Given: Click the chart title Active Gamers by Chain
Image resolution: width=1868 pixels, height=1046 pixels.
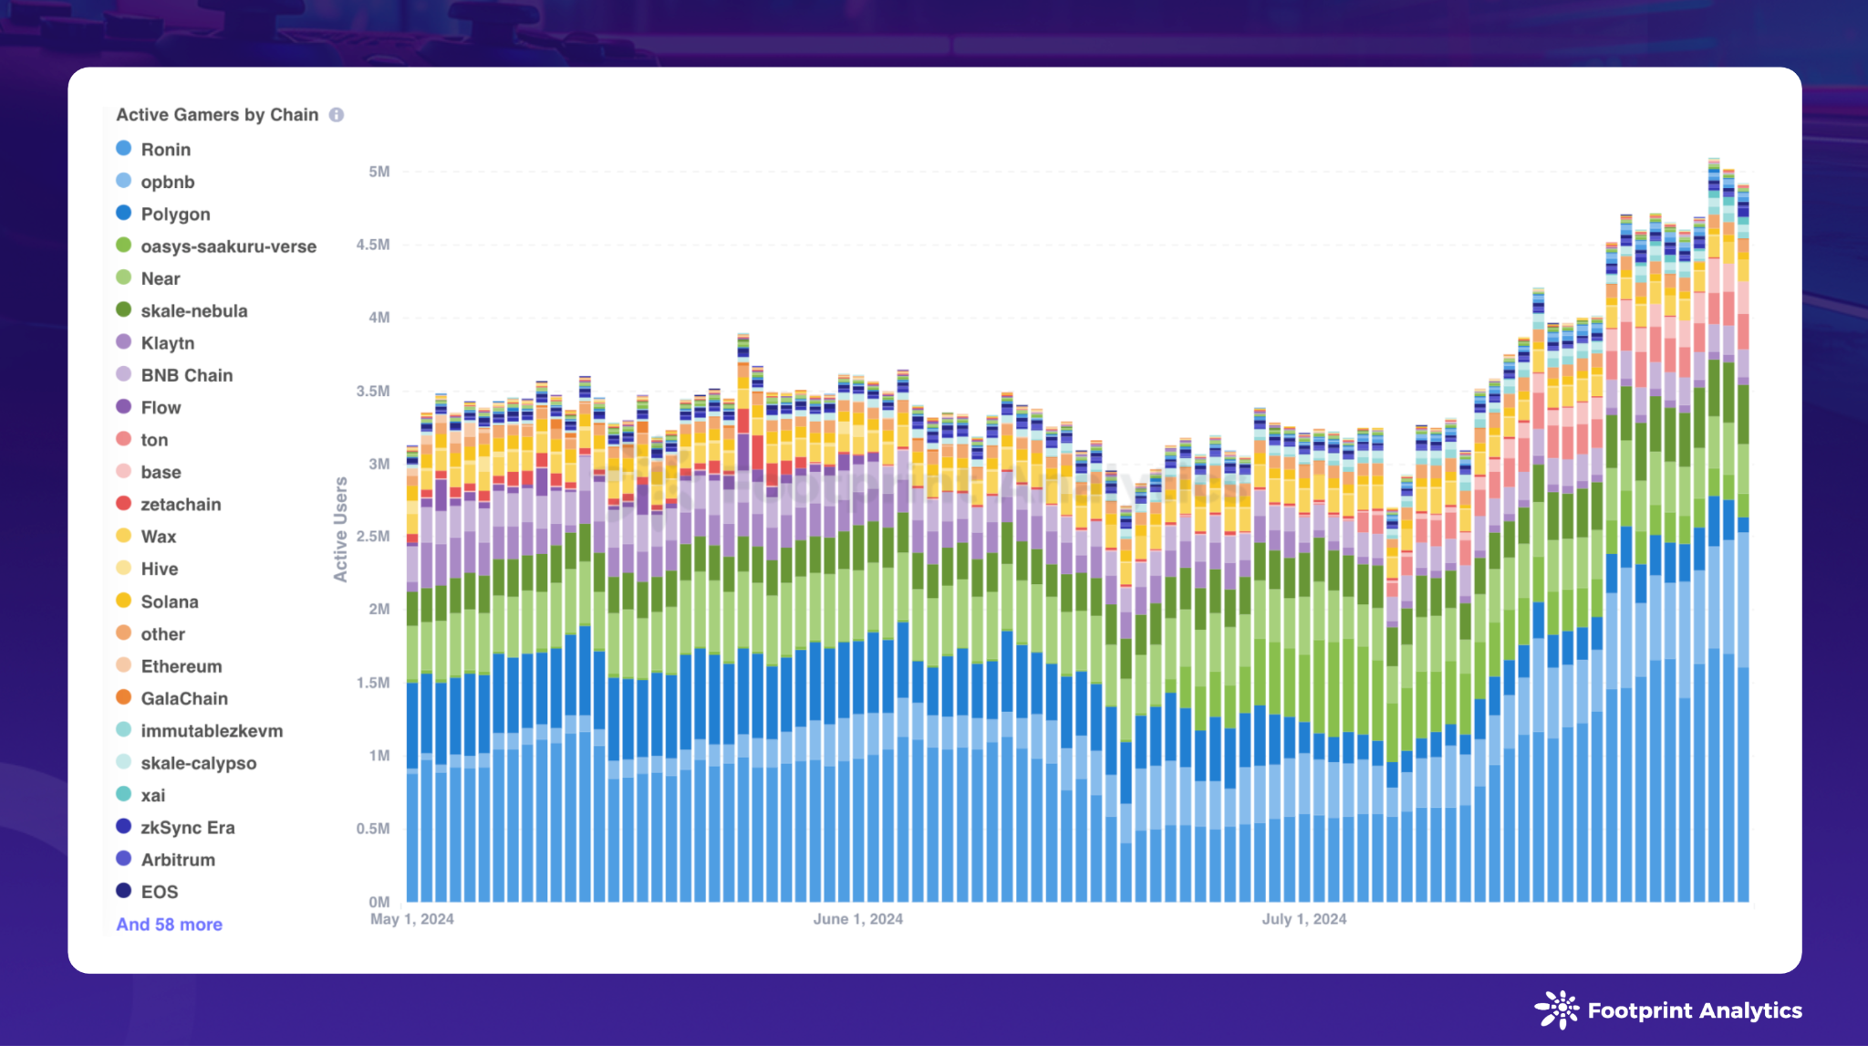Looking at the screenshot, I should (x=217, y=115).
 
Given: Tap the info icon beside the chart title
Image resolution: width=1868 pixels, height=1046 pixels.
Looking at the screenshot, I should (x=337, y=115).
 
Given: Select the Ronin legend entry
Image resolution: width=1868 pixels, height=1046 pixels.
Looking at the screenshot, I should (x=165, y=150).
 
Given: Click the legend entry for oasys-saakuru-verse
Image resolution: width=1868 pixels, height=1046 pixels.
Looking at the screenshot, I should (x=228, y=246).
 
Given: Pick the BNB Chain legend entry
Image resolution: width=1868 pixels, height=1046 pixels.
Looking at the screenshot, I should (x=186, y=375).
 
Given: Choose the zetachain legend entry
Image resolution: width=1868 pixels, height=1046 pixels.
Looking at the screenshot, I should (x=181, y=505).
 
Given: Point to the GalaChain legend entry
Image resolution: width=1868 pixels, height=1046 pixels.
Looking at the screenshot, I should (x=184, y=698).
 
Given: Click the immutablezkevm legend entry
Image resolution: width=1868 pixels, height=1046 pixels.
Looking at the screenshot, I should (x=212, y=731).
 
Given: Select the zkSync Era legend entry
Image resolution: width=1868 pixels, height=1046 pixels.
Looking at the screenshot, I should (x=188, y=828).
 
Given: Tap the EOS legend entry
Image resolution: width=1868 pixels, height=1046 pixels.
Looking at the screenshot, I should (x=159, y=892).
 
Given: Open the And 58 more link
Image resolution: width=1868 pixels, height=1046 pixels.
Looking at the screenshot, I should (x=170, y=925).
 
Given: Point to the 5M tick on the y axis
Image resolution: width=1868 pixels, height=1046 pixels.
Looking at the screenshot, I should (x=379, y=172).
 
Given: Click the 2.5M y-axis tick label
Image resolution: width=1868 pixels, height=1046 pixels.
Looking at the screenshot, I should (x=373, y=537).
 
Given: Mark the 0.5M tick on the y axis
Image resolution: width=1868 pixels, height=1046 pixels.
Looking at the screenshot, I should (x=373, y=829).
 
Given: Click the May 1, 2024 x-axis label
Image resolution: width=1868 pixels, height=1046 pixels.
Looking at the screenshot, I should (x=412, y=919).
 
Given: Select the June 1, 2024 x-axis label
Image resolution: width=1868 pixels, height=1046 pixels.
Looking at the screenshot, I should (x=858, y=919).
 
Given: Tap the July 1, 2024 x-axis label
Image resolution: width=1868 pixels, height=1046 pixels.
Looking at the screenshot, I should (x=1304, y=919).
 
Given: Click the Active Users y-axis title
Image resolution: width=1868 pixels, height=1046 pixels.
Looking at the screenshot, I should (x=341, y=529).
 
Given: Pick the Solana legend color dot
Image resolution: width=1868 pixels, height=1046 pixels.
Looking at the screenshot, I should (x=124, y=601).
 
